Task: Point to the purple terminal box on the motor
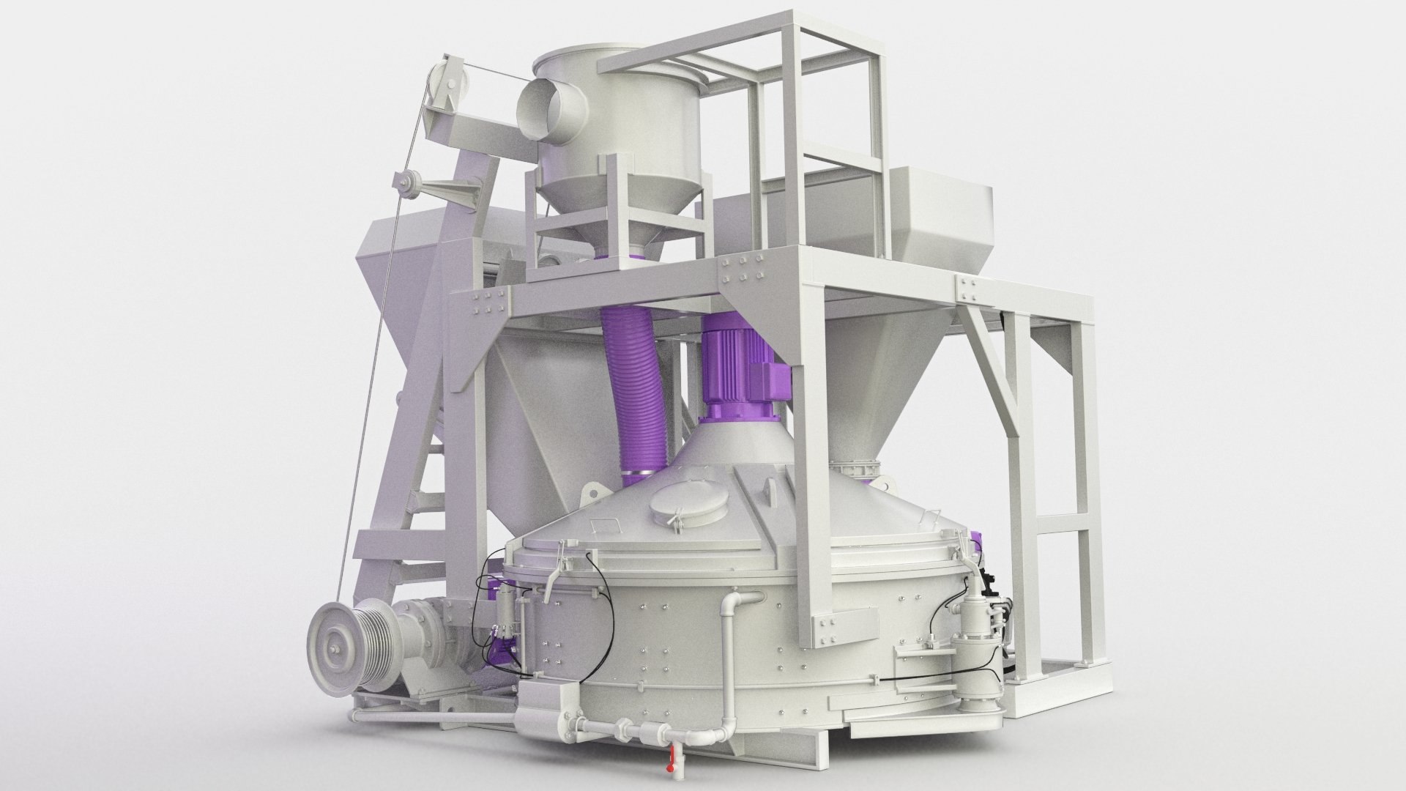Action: [x=778, y=376]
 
